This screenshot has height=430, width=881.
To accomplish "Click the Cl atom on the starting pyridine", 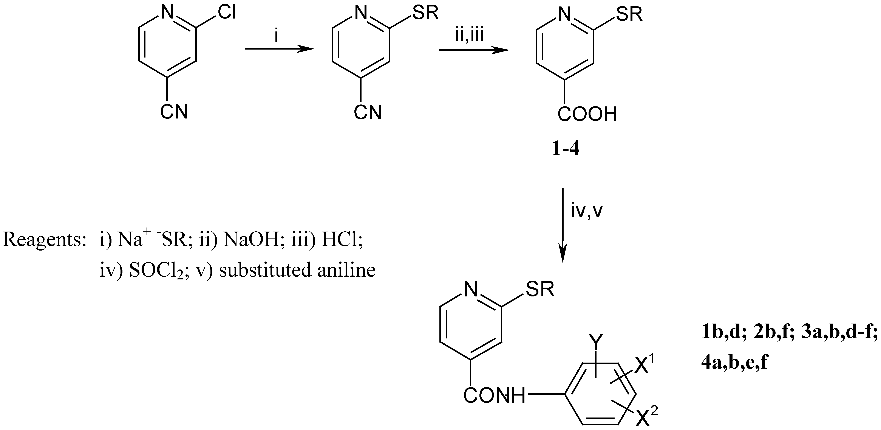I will (227, 13).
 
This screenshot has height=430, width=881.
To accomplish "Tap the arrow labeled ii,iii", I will (474, 50).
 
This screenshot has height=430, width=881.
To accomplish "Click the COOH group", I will (587, 114).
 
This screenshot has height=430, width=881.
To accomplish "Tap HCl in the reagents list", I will (342, 239).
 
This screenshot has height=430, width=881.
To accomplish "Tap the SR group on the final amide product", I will (540, 289).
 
